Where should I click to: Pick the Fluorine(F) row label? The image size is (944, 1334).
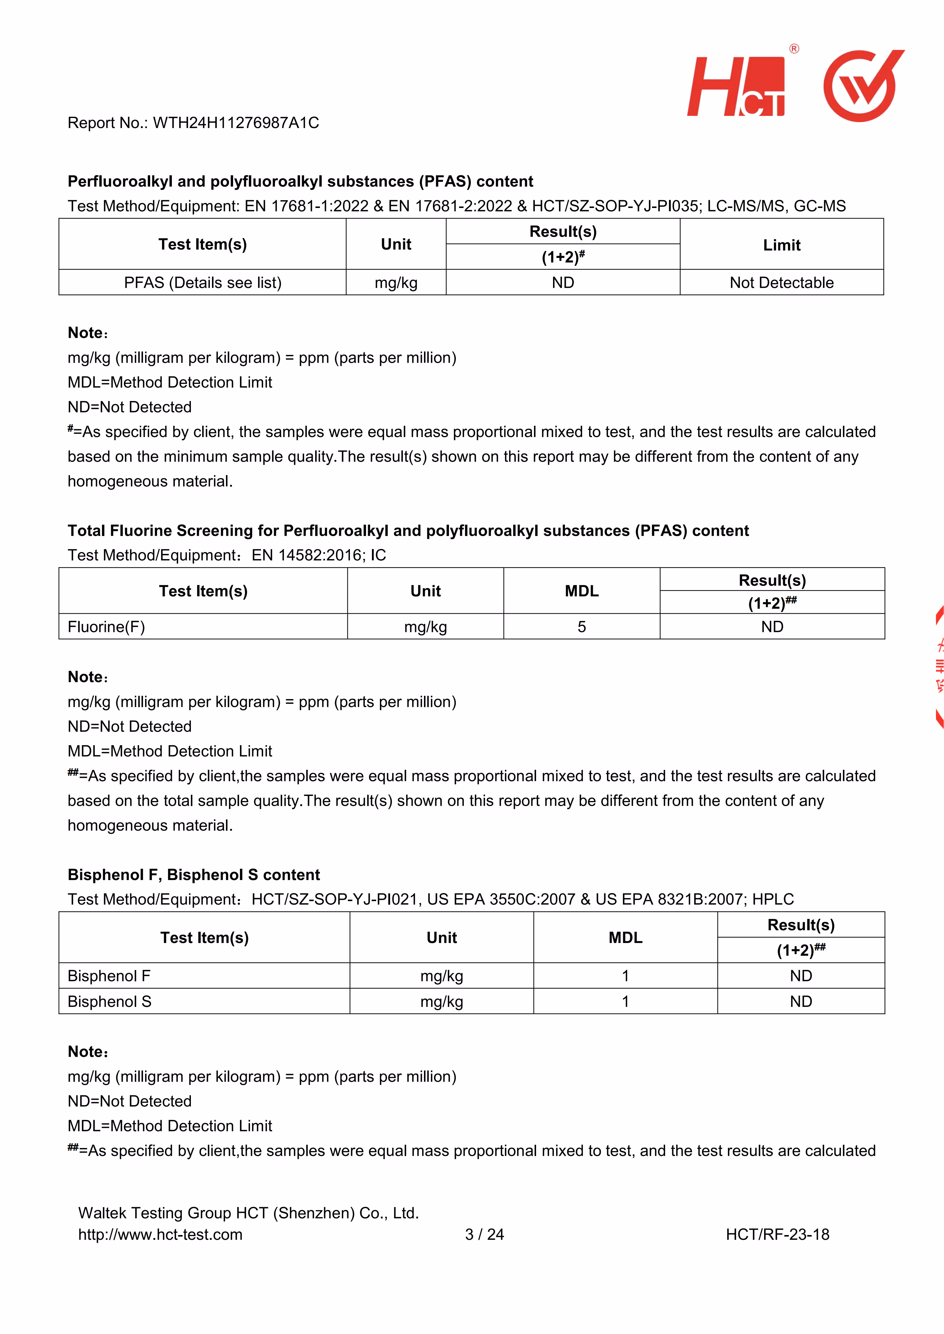pos(106,627)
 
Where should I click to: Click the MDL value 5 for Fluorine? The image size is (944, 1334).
pos(581,627)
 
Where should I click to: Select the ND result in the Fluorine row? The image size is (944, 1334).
pos(772,627)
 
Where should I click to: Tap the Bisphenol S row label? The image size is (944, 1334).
pos(109,1002)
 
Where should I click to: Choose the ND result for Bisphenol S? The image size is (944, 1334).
pos(800,1002)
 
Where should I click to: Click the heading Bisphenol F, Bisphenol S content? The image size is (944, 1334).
pos(194,875)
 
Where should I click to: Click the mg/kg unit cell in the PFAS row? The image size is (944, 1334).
pos(396,283)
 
